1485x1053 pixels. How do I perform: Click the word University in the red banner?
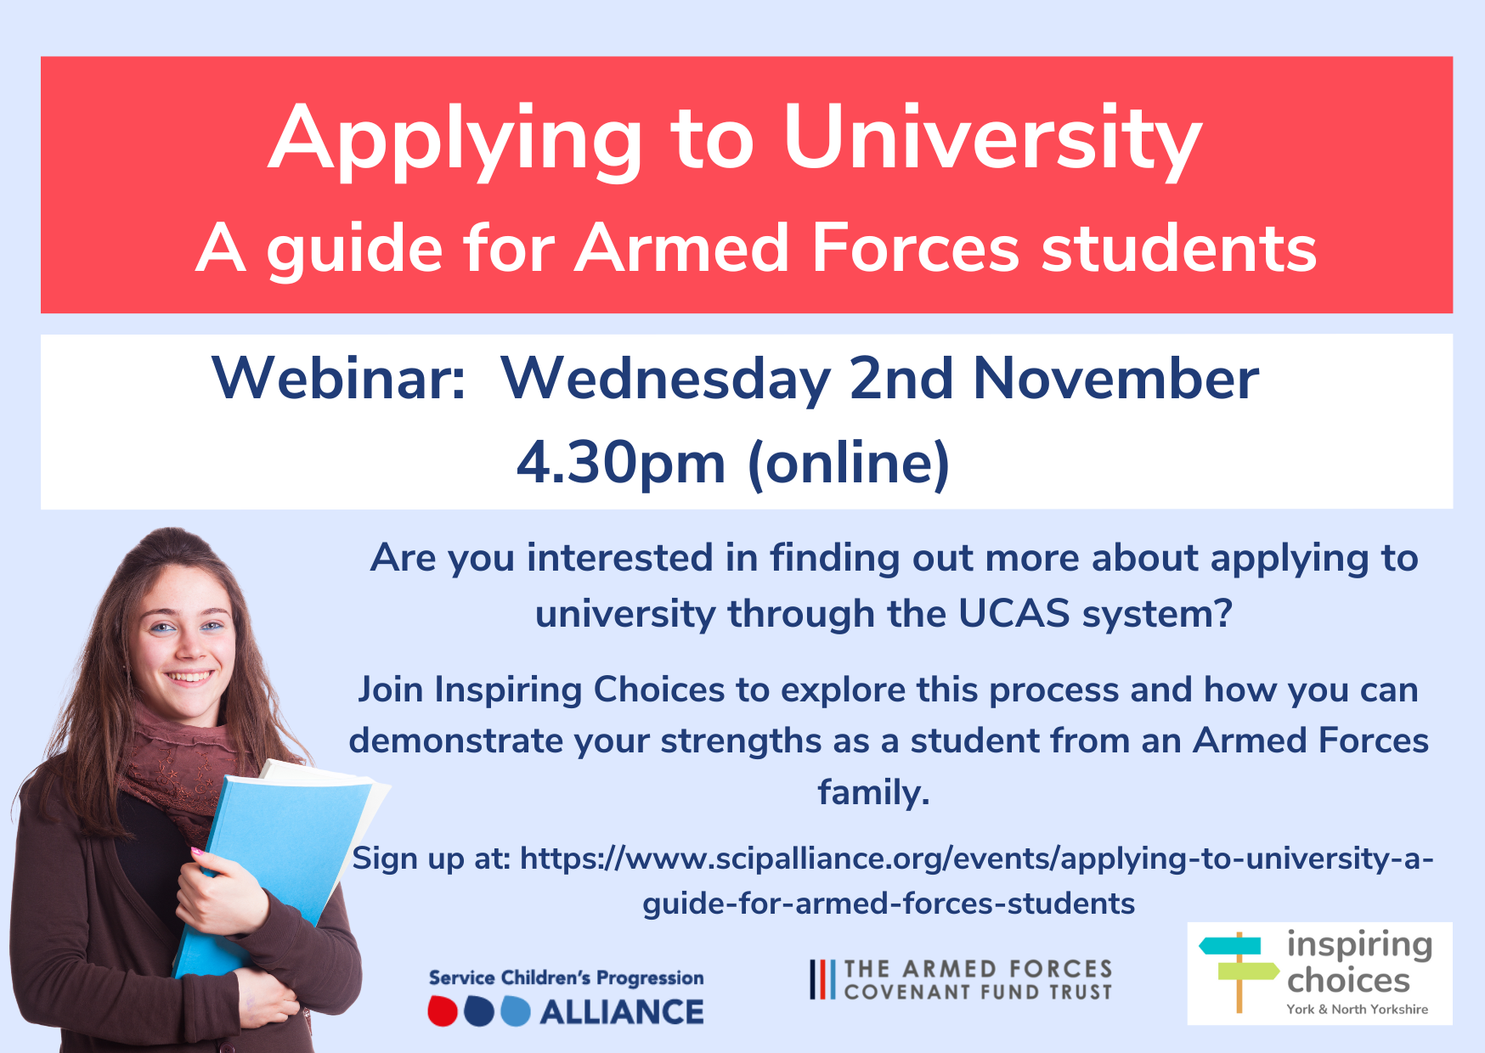point(991,141)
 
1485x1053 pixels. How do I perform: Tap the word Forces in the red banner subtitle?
point(915,248)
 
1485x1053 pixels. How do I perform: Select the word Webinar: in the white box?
point(339,378)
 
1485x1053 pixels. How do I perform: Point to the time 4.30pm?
point(621,465)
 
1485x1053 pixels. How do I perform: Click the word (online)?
point(849,465)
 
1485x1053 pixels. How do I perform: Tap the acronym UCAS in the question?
point(1014,613)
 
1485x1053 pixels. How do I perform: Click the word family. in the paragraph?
point(873,792)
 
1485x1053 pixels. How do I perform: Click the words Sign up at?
point(432,859)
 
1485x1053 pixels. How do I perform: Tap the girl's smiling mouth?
point(189,678)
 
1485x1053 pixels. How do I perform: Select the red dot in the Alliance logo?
point(443,1011)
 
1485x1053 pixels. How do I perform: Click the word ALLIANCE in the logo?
point(622,1012)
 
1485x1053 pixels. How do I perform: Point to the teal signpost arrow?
point(1229,945)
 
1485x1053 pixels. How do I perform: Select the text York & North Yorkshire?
point(1357,1009)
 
